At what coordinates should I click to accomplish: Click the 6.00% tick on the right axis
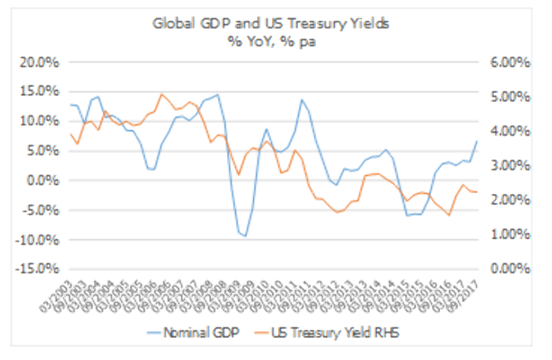[x=511, y=62]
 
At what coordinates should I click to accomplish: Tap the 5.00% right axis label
[x=511, y=97]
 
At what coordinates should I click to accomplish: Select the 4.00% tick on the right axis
[x=511, y=131]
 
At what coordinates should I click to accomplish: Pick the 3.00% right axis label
[x=511, y=166]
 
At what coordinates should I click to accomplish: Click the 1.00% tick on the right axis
[x=511, y=234]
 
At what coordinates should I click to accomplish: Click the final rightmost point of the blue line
[x=476, y=141]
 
